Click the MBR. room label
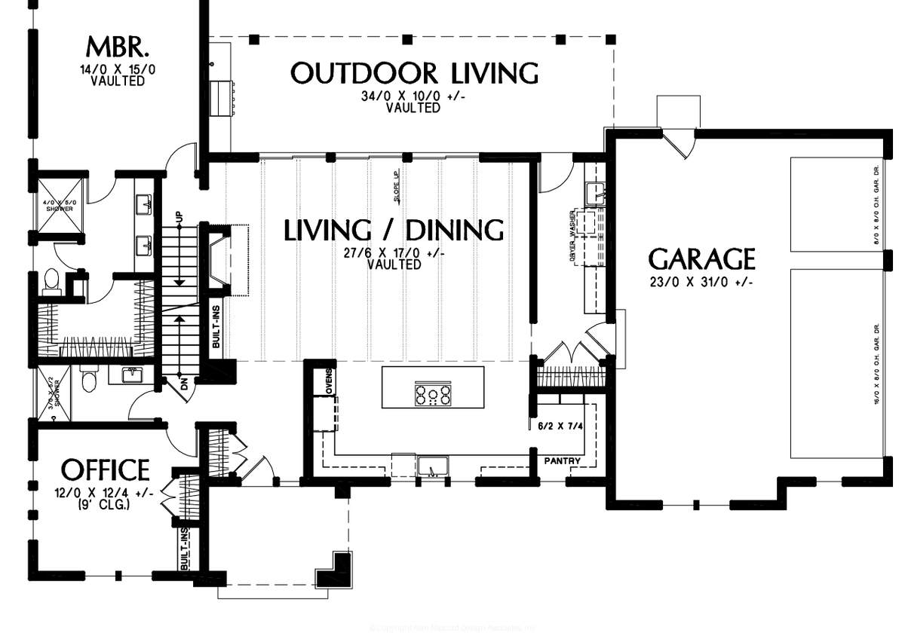pos(118,48)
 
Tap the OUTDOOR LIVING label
pos(414,74)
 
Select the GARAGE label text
pos(701,259)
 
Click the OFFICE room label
pos(105,469)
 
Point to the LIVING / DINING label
pos(394,231)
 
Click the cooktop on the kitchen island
pos(433,395)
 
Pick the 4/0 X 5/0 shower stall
pos(58,203)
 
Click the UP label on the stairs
pos(179,216)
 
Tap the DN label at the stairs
pos(179,382)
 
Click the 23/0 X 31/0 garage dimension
pos(701,282)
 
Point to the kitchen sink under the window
pos(432,469)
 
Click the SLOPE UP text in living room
pos(396,188)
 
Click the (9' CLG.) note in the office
pos(105,506)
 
